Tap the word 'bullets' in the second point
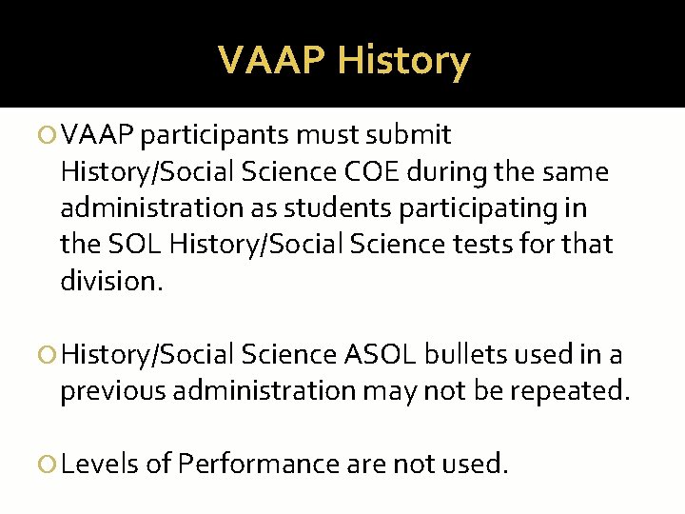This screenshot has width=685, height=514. click(x=465, y=355)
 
